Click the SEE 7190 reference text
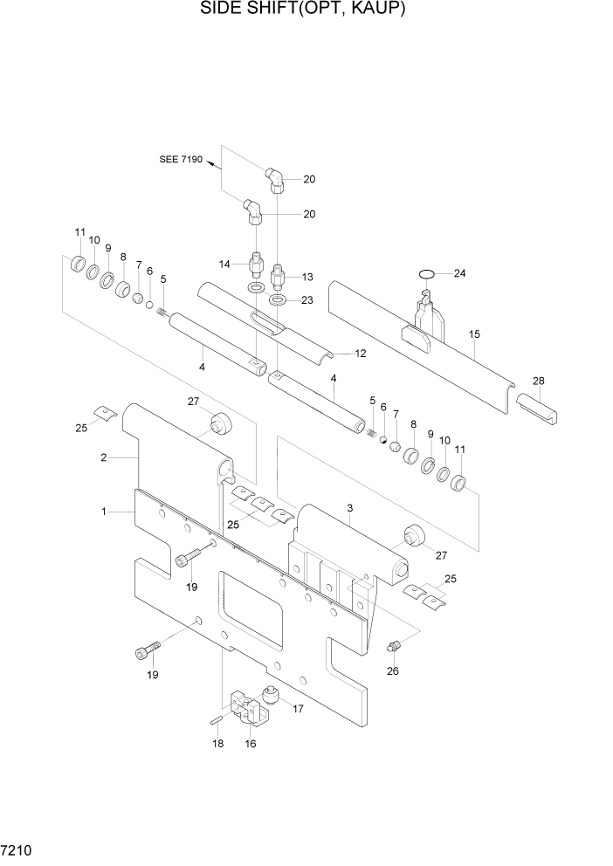point(181,160)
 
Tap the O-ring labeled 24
point(426,275)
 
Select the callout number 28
point(538,381)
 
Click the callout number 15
point(474,333)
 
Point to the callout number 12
point(359,354)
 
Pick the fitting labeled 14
point(257,263)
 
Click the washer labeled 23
point(278,301)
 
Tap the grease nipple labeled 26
point(394,646)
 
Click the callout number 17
point(298,709)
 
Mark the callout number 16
point(252,744)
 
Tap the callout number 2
point(104,457)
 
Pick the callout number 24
point(460,273)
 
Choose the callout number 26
point(392,670)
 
